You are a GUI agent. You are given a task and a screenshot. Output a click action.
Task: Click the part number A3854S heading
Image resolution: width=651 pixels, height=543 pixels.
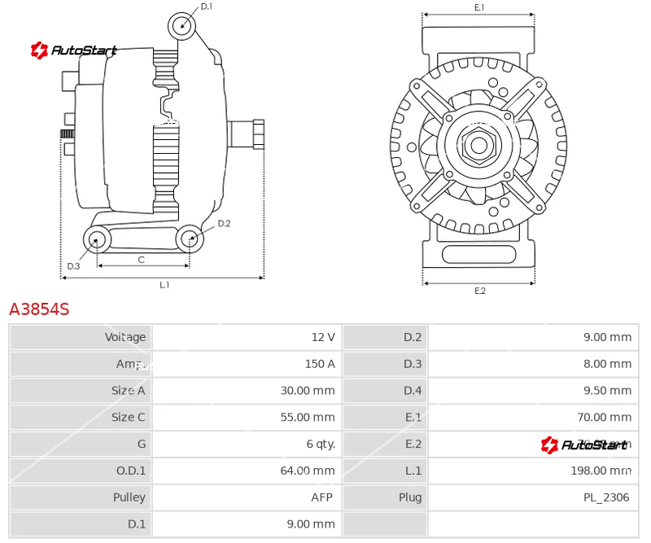click(x=39, y=309)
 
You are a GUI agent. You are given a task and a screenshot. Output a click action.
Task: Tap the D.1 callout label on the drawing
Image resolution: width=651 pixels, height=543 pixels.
click(x=207, y=7)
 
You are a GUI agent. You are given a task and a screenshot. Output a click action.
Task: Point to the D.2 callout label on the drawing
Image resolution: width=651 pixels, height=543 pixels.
click(x=224, y=223)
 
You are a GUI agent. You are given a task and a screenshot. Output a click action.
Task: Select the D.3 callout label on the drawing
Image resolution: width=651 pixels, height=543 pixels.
click(x=73, y=266)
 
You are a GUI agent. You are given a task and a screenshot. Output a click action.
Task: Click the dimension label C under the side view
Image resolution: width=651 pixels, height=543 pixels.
click(x=141, y=260)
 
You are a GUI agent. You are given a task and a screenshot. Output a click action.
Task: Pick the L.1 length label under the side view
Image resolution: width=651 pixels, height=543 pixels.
click(x=164, y=285)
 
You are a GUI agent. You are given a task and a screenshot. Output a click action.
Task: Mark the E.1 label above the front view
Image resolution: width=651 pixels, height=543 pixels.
click(x=479, y=7)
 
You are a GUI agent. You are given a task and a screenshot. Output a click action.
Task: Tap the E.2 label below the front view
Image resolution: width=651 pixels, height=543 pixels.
click(x=479, y=291)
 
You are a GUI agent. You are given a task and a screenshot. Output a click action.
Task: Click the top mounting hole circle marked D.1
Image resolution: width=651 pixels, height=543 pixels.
click(x=182, y=25)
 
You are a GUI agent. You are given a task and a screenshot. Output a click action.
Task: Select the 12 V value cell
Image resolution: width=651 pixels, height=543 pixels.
click(x=322, y=337)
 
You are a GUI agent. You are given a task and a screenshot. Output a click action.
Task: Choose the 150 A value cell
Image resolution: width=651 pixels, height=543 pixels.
click(x=319, y=364)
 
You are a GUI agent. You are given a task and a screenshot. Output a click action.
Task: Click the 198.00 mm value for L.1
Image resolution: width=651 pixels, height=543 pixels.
click(x=601, y=471)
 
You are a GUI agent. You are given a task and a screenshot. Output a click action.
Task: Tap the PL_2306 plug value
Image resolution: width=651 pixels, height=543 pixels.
click(x=605, y=497)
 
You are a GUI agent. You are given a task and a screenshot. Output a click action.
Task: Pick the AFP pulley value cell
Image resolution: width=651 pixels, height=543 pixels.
click(x=323, y=497)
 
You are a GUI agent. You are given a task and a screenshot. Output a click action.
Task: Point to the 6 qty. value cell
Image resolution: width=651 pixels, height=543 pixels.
click(x=320, y=444)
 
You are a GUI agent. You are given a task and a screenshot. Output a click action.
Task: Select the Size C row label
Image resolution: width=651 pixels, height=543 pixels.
click(x=128, y=417)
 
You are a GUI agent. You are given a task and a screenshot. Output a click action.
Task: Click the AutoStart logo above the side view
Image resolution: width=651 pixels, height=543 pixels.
click(x=74, y=50)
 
